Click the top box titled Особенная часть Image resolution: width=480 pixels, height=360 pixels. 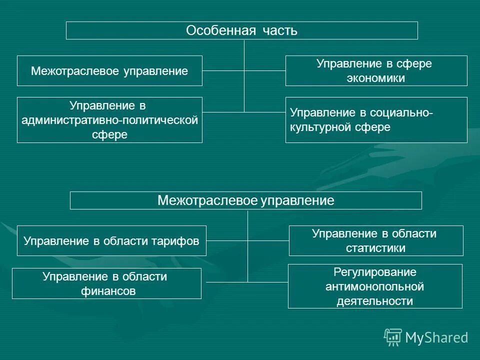pos(242,30)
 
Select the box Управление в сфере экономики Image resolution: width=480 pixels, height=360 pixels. pos(376,70)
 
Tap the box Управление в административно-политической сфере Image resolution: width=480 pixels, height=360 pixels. pos(109,120)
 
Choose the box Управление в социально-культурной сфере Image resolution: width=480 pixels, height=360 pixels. pos(376,120)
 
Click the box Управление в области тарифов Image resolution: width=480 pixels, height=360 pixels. pos(111,241)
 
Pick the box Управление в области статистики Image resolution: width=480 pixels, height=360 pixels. pos(376,241)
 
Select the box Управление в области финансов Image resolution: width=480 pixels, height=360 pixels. pos(106,283)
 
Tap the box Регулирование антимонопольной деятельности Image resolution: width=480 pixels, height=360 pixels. pos(375,286)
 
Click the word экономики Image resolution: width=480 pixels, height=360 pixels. pos(376,78)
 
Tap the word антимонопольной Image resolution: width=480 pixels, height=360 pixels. pos(375,286)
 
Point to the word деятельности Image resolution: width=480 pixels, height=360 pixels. pos(375,301)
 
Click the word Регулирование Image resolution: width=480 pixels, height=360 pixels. pos(375,272)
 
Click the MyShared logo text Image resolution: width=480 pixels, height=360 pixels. pos(436,337)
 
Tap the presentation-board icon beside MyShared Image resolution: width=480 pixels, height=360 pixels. pos(393,337)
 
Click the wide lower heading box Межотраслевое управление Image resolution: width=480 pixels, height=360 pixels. pos(245,200)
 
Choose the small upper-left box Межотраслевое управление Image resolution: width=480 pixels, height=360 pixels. pos(109,71)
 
